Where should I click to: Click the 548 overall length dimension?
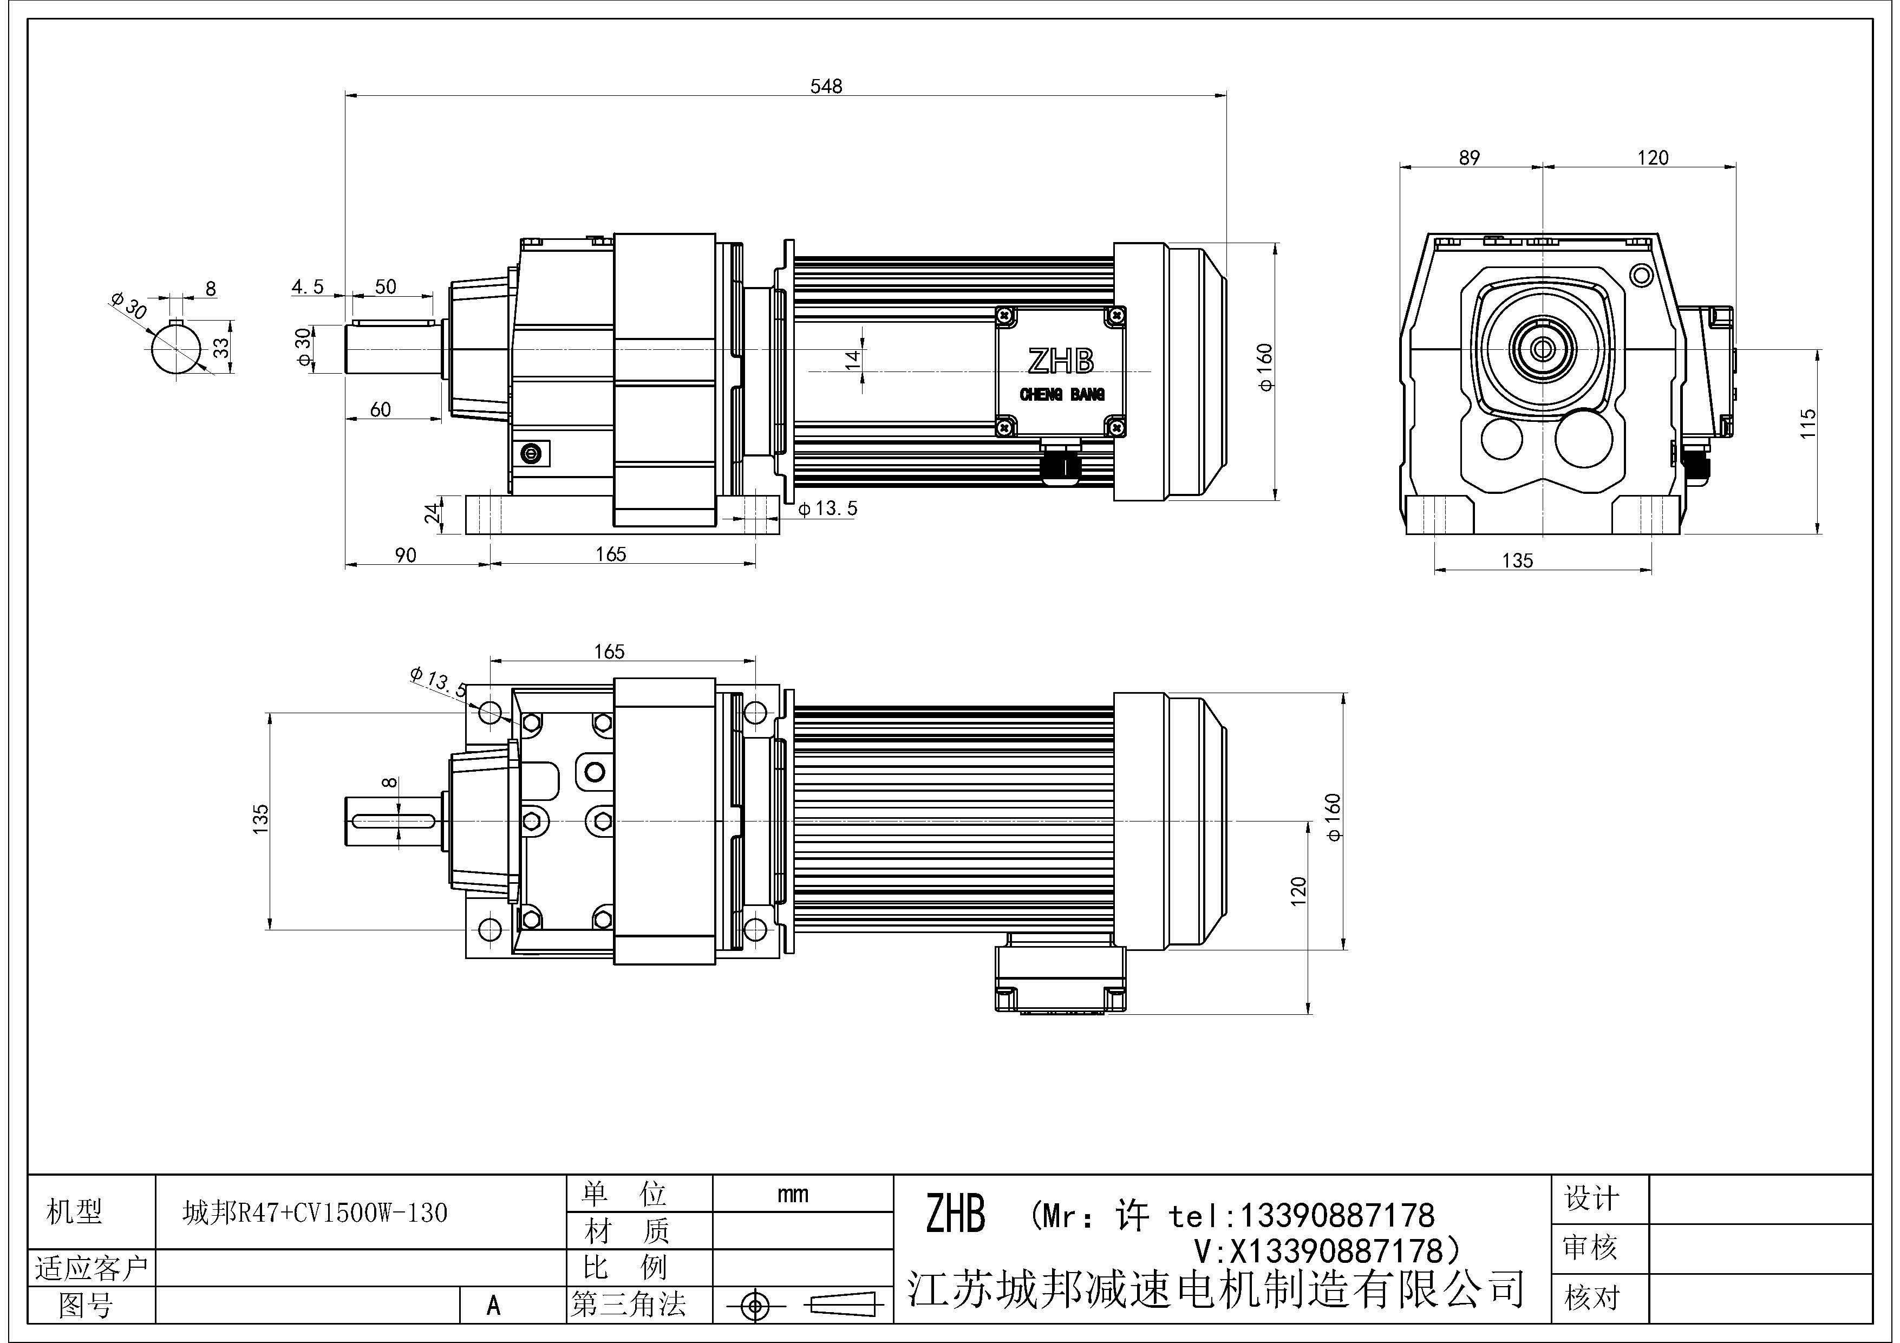826,86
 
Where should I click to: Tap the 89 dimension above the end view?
1469,157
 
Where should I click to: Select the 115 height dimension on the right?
1807,423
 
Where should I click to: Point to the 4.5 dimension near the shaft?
307,286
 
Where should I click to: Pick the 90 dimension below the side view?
406,555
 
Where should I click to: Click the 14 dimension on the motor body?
852,358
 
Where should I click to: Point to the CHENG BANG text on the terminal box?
1062,395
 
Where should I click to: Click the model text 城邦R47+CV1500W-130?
315,1213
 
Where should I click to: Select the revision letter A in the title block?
493,1305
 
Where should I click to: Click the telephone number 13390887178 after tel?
1336,1216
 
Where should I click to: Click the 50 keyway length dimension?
386,286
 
